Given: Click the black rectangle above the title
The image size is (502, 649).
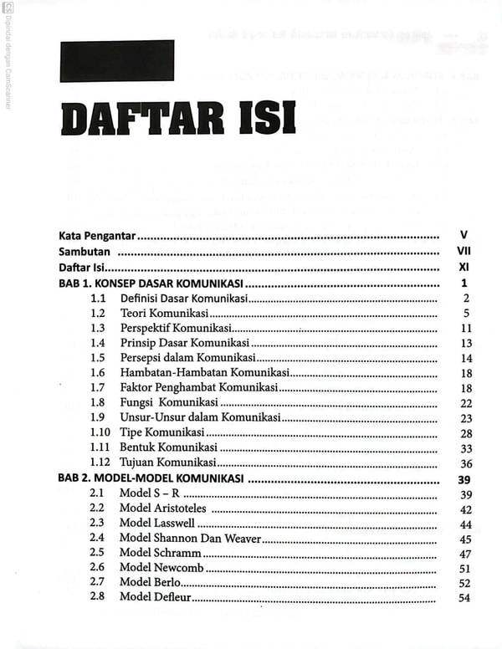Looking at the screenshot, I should pos(116,61).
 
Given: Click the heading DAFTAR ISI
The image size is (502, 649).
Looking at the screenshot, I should pos(178,119).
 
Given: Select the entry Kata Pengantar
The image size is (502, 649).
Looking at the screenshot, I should pos(98,237).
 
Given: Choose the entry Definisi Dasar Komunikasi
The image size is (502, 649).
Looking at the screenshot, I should pos(184,299).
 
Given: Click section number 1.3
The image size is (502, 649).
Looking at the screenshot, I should pos(98,328).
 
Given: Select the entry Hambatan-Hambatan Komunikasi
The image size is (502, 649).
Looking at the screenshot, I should pos(205,373).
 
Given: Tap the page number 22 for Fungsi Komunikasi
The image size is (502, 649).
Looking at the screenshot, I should pos(466,403).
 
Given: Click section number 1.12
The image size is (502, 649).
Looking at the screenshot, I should pos(100,463).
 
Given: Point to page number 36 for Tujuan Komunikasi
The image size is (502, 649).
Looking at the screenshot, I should pos(466,463).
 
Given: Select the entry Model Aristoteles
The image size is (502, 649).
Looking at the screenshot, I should pos(165,508).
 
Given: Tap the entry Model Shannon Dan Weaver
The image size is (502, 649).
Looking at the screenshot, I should pos(191,539).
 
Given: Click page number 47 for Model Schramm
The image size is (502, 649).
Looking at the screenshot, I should pos(466,554).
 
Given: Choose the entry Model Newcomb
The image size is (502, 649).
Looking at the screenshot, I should pos(161,569).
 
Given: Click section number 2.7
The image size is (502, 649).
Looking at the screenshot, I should pos(97,583).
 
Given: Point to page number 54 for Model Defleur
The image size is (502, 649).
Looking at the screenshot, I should pos(466,598).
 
